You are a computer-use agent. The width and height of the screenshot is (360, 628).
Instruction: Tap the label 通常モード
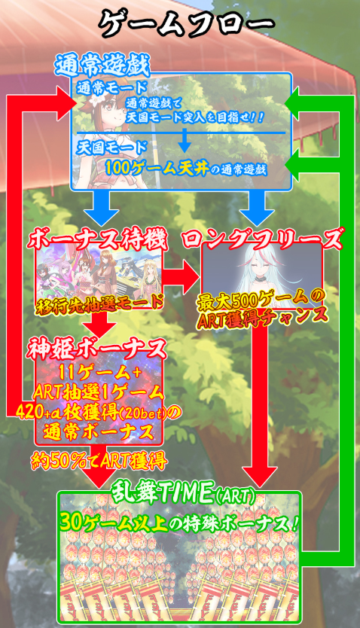(112, 87)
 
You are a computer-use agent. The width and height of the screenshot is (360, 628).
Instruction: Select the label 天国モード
(112, 148)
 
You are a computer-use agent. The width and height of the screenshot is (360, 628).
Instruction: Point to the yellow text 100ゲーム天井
(157, 169)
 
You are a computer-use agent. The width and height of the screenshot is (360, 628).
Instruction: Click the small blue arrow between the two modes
(185, 140)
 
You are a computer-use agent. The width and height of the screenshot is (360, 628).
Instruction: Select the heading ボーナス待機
(97, 240)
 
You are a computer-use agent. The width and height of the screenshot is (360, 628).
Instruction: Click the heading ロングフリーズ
(262, 240)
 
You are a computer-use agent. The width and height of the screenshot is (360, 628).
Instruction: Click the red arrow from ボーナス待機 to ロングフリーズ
(181, 276)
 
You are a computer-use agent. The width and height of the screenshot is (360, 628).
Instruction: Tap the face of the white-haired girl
(262, 267)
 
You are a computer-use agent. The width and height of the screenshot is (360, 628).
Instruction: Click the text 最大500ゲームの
(261, 300)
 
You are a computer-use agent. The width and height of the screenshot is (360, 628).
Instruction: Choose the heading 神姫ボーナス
(96, 349)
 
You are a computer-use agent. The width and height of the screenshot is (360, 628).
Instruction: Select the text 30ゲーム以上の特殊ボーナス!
(178, 523)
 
